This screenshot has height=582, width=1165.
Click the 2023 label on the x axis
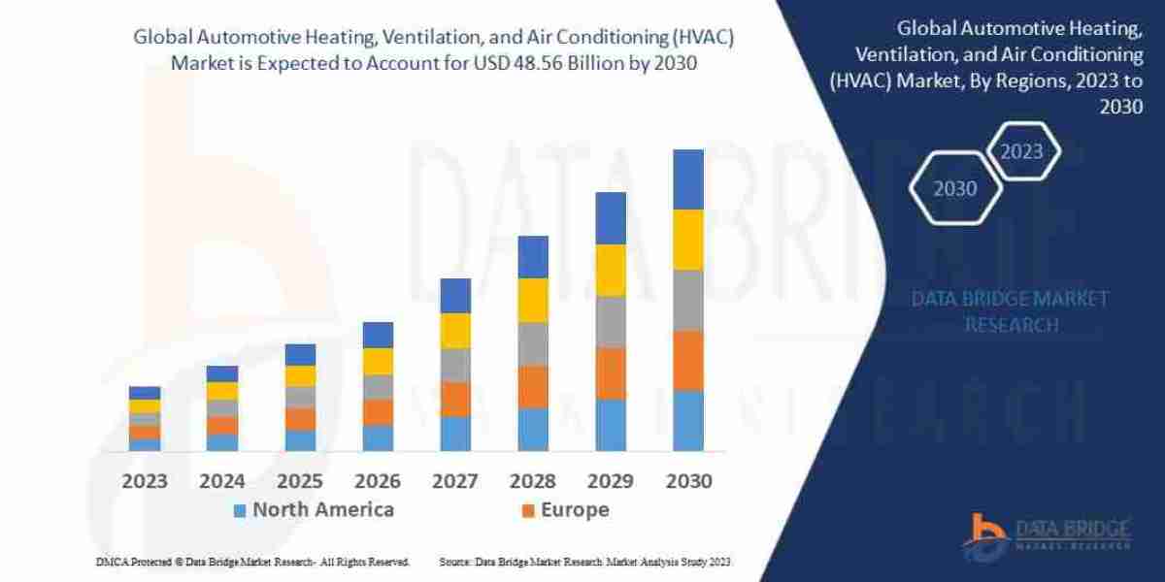pyautogui.click(x=145, y=481)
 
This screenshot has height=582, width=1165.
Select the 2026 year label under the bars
pyautogui.click(x=378, y=481)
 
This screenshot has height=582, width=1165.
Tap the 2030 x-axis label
pyautogui.click(x=687, y=481)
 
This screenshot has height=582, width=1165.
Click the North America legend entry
pyautogui.click(x=313, y=510)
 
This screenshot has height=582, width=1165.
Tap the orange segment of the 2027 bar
pyautogui.click(x=455, y=399)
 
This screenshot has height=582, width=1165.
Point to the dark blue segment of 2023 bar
pyautogui.click(x=145, y=393)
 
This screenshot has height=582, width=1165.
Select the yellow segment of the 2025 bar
pyautogui.click(x=300, y=376)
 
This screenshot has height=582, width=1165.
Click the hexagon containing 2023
pyautogui.click(x=1021, y=151)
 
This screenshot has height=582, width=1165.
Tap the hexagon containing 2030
pyautogui.click(x=955, y=188)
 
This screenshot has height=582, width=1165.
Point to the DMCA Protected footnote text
pyautogui.click(x=252, y=562)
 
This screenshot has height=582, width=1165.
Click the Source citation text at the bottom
pyautogui.click(x=584, y=562)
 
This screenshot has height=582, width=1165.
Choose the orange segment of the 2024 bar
pyautogui.click(x=222, y=425)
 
